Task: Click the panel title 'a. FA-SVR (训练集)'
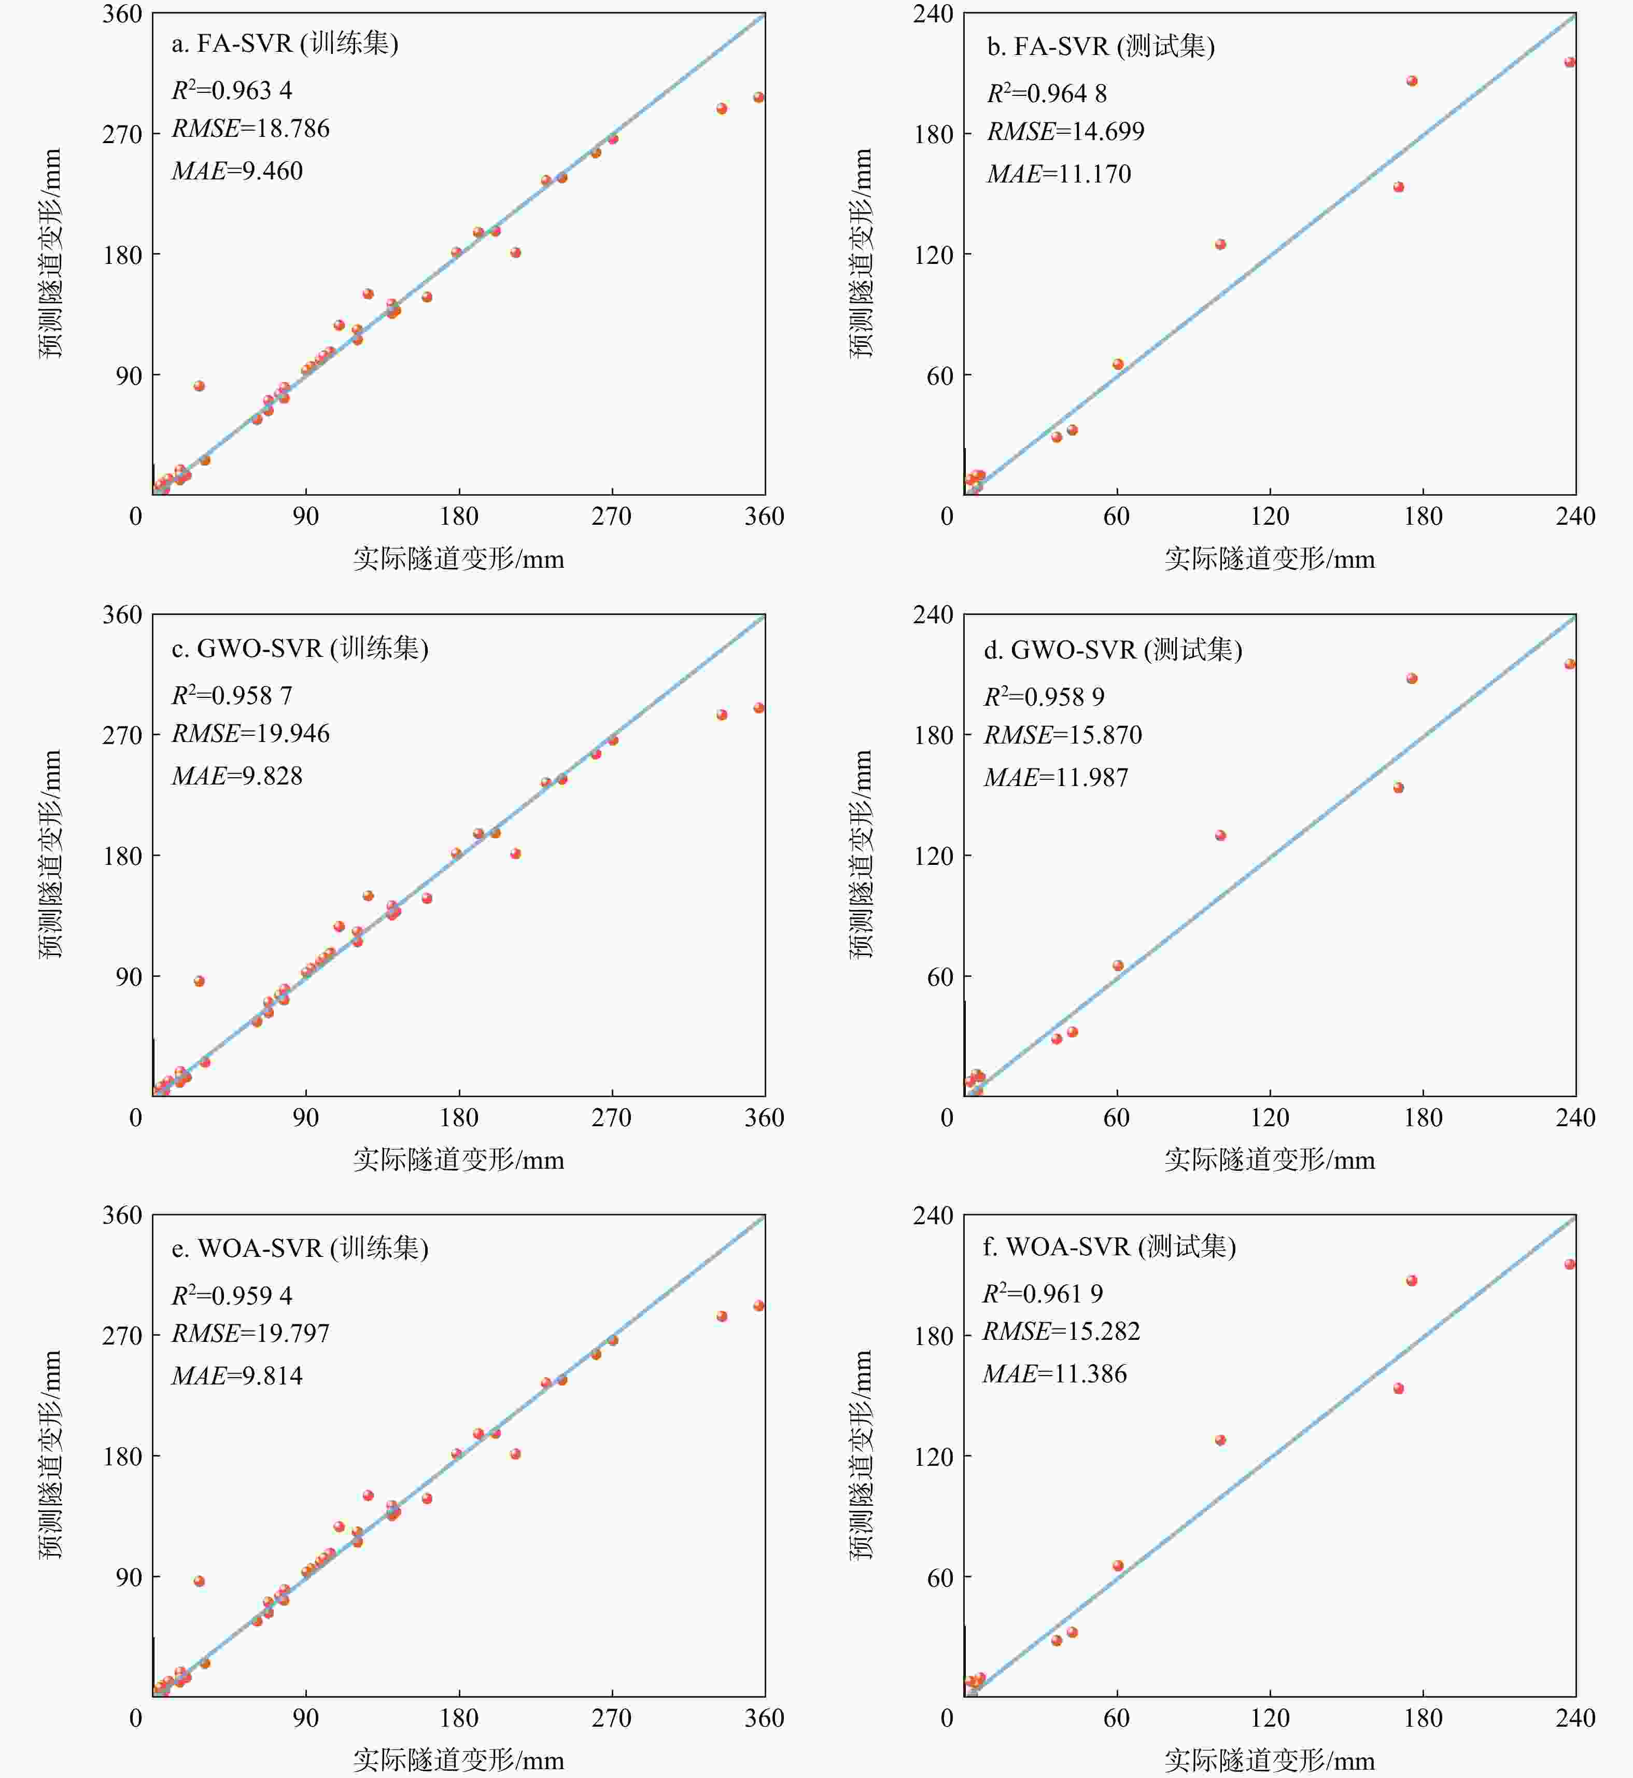click(x=285, y=44)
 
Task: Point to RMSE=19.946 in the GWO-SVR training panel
click(x=250, y=734)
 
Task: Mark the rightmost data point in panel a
click(x=758, y=97)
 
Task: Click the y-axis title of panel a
click(x=50, y=254)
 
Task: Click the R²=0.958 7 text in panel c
click(x=232, y=695)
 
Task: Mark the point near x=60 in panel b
click(x=1118, y=364)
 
